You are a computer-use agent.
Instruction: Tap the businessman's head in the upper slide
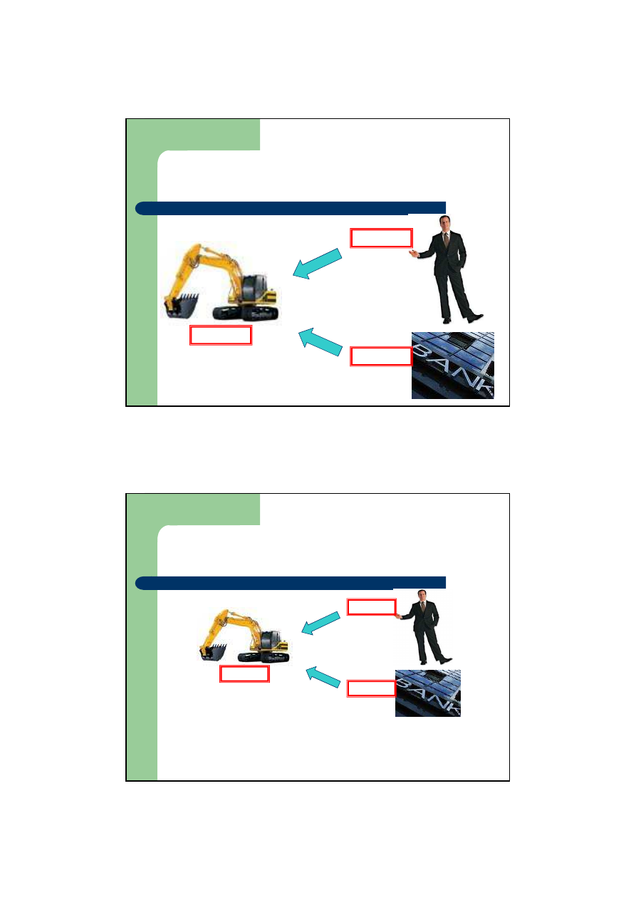click(444, 222)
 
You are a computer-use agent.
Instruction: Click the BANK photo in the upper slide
click(452, 366)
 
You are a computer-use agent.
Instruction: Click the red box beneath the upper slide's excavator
click(221, 335)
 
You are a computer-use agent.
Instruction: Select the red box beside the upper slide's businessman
click(381, 238)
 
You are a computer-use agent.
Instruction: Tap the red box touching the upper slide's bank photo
click(381, 356)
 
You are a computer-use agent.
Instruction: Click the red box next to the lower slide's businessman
click(371, 606)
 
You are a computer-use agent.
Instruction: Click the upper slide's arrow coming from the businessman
click(317, 264)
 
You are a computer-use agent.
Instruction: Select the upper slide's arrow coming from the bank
click(320, 342)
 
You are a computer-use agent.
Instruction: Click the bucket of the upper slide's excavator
click(182, 304)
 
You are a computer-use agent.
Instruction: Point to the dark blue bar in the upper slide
click(291, 208)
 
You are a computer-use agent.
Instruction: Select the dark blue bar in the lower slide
click(291, 583)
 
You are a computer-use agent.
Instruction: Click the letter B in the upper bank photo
click(424, 350)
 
